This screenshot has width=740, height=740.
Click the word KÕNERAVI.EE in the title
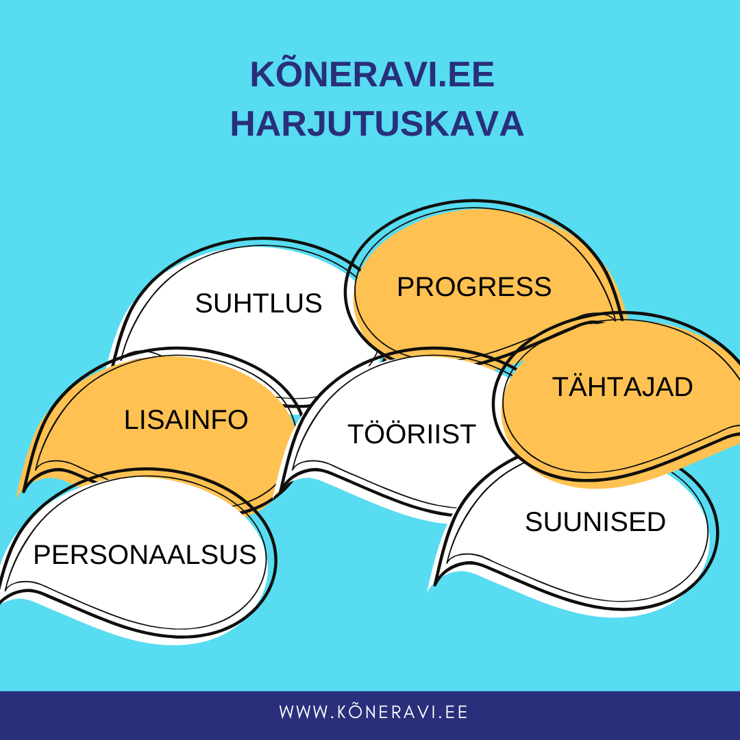pos(372,74)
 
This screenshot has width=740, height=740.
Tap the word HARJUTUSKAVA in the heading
pos(377,124)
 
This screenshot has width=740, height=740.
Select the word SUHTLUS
pos(258,303)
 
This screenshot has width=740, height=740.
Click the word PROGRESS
pos(474,286)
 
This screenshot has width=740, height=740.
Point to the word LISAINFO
pos(186,419)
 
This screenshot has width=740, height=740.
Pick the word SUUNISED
pos(595,521)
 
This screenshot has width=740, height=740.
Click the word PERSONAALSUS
pos(145,554)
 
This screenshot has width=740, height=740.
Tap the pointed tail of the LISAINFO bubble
pos(23,491)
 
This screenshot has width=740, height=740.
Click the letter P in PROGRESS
pos(406,286)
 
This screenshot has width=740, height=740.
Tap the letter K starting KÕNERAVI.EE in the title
pos(263,74)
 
